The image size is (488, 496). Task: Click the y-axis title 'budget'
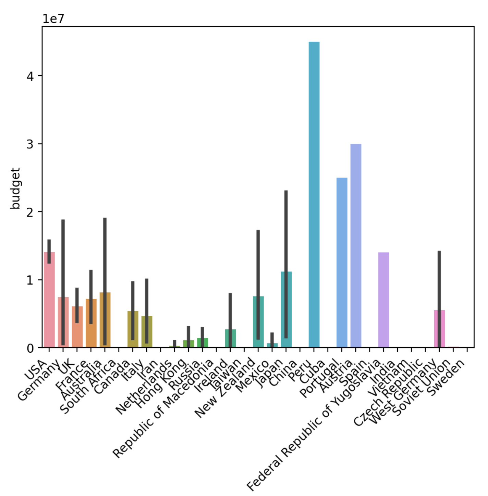tap(15, 188)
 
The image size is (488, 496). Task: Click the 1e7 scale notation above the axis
tap(53, 19)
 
